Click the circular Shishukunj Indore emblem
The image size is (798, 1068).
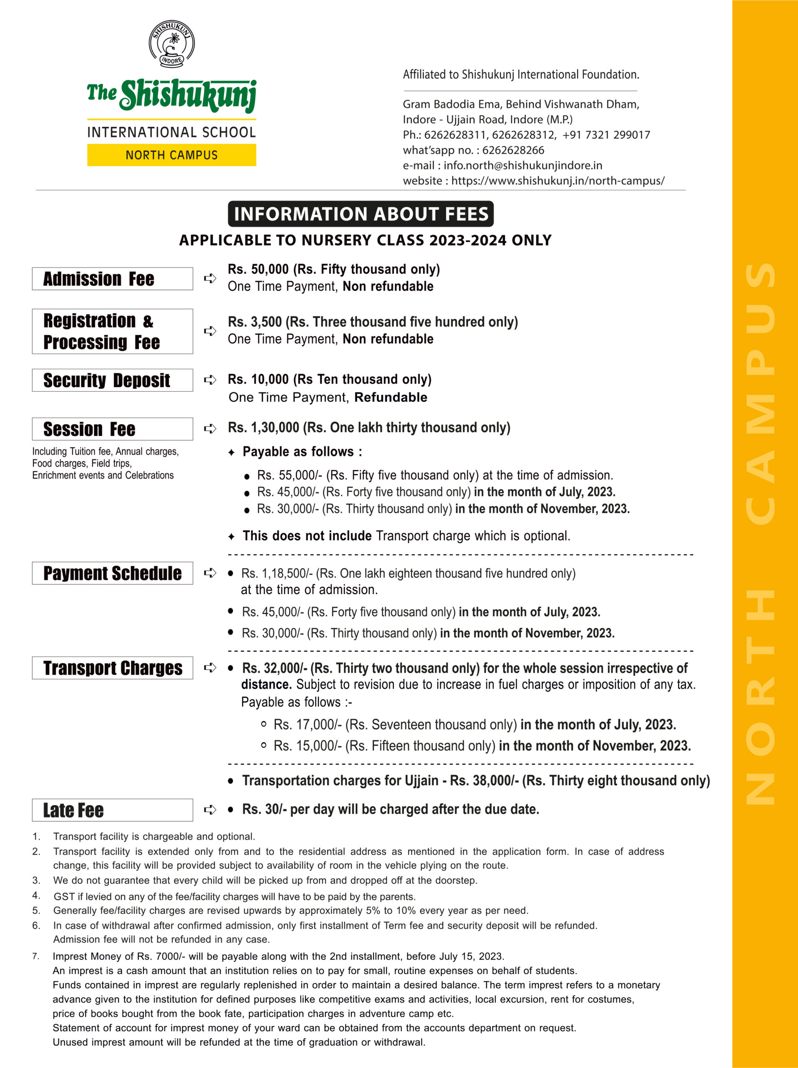pos(172,44)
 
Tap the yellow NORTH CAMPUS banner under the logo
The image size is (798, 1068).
pos(172,155)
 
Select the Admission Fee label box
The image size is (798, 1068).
pos(112,279)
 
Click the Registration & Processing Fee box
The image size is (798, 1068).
pos(112,331)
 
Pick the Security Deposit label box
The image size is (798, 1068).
pos(112,380)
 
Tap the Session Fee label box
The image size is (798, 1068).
pos(112,429)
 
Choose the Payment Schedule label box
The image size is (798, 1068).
pos(112,573)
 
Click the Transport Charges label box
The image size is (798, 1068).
pos(112,668)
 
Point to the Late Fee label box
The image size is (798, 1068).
pos(112,810)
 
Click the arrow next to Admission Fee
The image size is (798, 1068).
pos(210,278)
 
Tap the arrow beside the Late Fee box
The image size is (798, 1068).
pos(210,809)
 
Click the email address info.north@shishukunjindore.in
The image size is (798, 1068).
pos(523,166)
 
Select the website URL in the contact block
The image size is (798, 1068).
pos(558,181)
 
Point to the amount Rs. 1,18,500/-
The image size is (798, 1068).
pos(277,573)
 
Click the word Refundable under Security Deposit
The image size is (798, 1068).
pos(390,397)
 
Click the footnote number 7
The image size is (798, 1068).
pos(36,956)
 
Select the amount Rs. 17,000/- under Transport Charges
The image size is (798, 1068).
pos(307,724)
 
